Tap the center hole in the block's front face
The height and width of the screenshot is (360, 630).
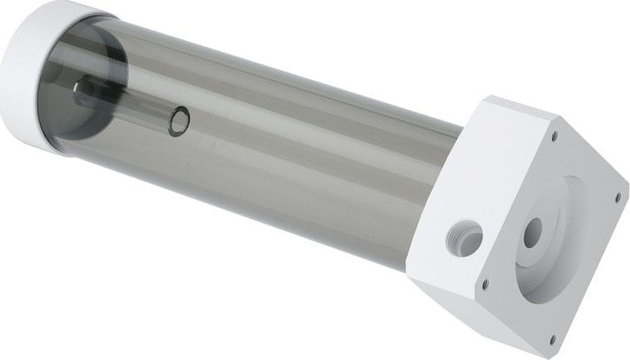coord(532,230)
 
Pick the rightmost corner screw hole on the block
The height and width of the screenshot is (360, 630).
coord(617,197)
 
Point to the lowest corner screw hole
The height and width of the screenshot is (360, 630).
coord(551,338)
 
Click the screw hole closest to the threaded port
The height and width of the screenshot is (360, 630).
coord(485,284)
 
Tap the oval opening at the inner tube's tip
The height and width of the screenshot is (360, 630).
coord(178,122)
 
